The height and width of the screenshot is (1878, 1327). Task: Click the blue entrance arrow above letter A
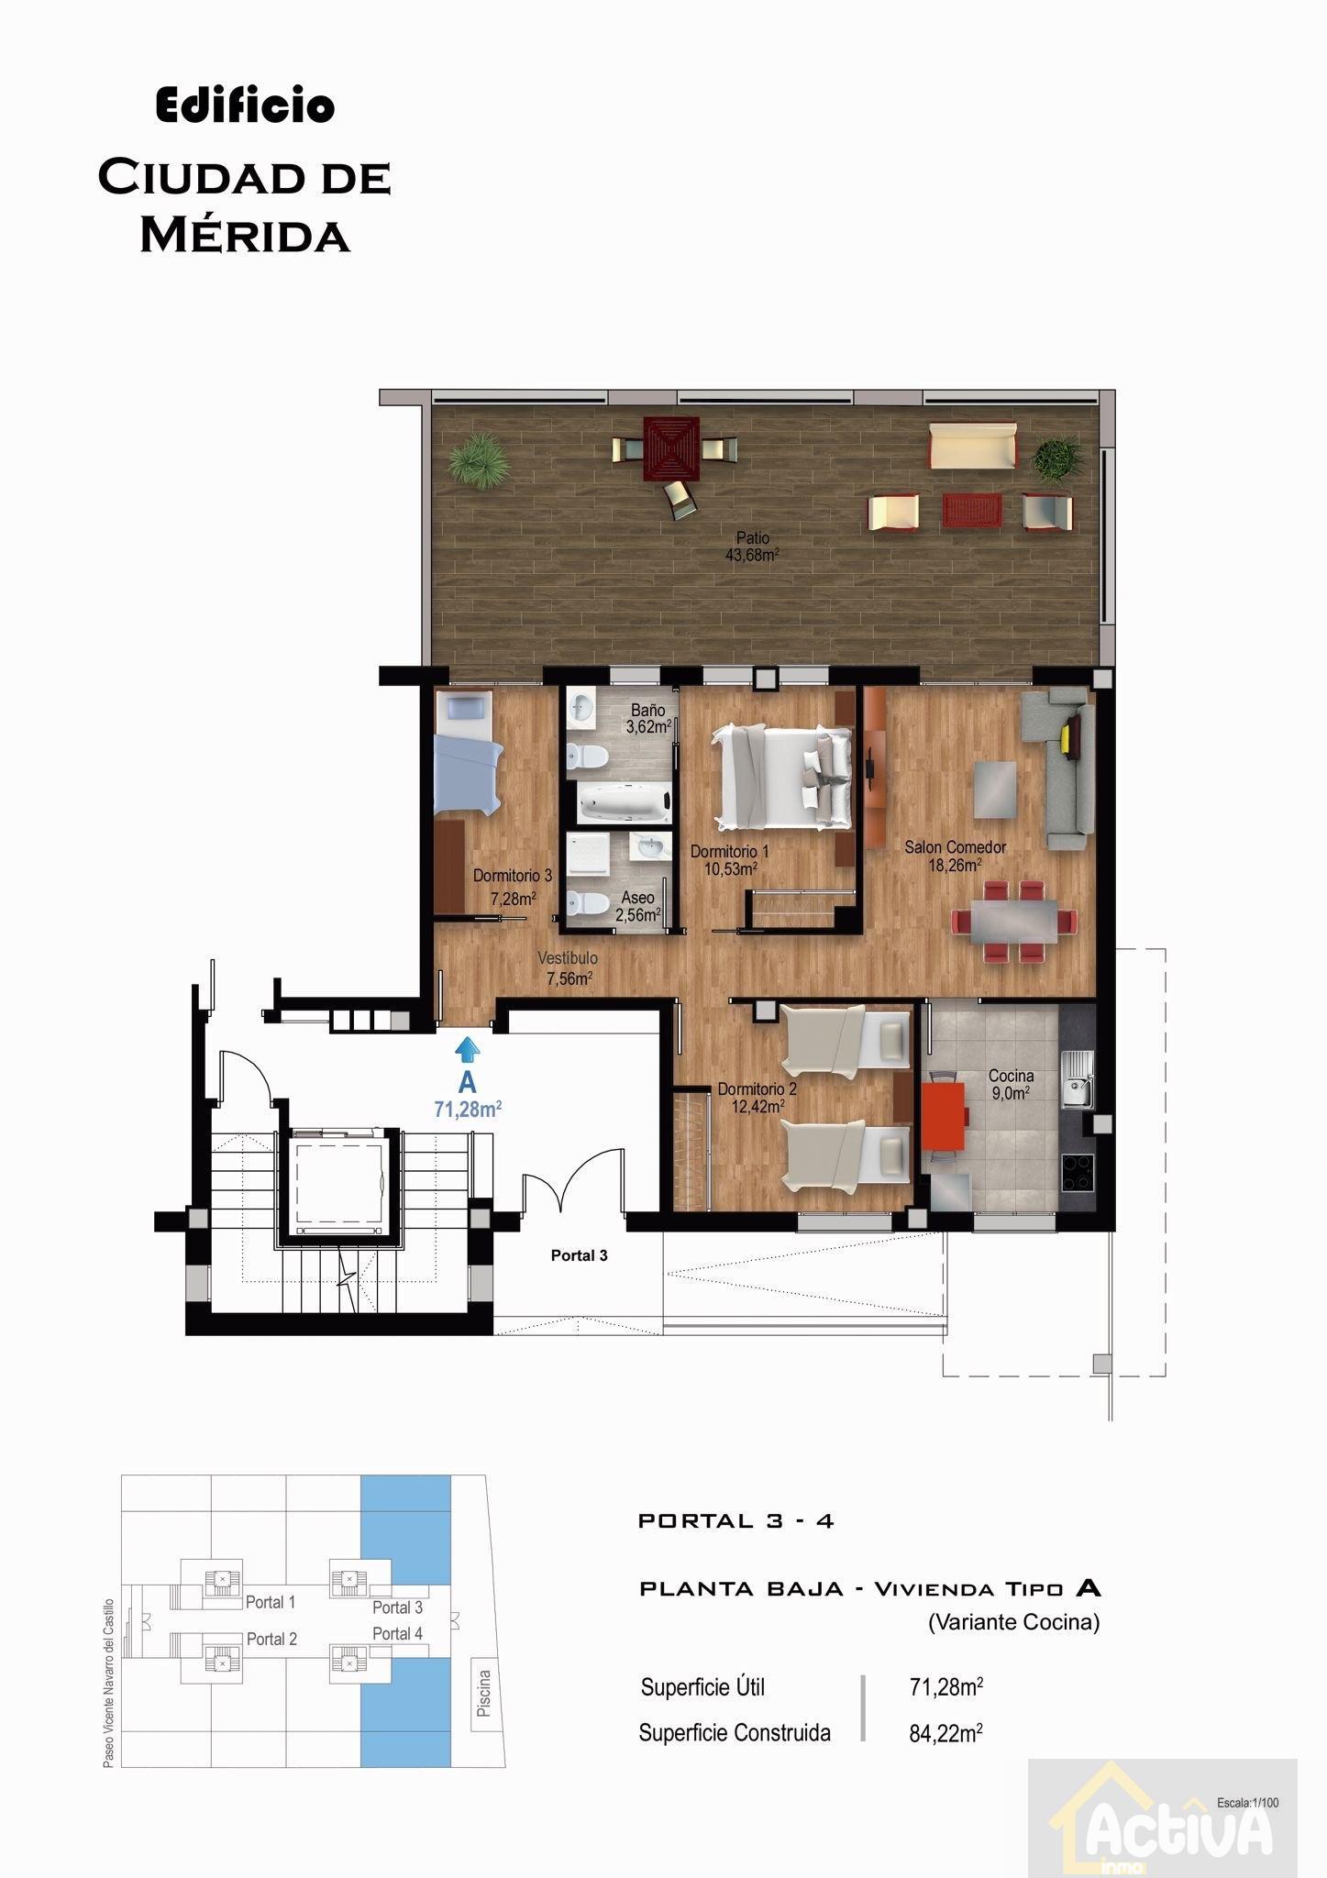[468, 1049]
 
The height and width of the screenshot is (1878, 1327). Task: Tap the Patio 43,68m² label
[752, 547]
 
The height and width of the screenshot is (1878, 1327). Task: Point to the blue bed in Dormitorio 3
[468, 753]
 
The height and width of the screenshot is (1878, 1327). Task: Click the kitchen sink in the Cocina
[1078, 1079]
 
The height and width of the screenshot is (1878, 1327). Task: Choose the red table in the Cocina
[944, 1116]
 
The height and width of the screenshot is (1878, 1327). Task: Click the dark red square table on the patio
[672, 447]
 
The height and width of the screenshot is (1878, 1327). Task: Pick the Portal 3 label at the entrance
[579, 1255]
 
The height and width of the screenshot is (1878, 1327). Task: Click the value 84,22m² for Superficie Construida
[946, 1732]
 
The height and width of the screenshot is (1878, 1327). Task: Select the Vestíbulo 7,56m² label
[569, 968]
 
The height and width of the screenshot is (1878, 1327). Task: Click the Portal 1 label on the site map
[271, 1602]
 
